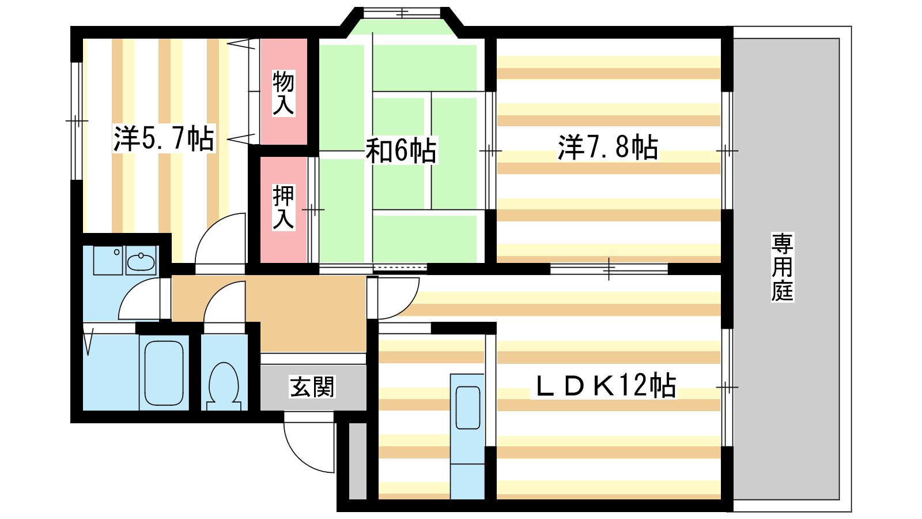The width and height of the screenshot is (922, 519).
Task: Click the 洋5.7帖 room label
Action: point(164,138)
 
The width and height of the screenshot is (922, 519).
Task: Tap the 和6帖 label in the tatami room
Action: point(401,151)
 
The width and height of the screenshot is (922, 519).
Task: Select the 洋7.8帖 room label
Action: point(607,147)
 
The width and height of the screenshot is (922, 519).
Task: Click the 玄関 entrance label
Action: point(312,387)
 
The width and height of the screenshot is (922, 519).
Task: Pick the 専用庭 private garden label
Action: point(782,267)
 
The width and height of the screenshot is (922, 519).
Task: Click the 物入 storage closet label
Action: point(284,93)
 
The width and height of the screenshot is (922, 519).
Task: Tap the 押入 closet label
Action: point(284,207)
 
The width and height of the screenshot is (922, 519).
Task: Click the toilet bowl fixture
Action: point(224,386)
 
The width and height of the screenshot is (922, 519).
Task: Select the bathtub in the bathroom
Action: point(164,373)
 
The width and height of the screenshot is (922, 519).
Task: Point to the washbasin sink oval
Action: point(141,262)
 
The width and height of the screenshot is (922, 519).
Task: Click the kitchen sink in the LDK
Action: point(467,407)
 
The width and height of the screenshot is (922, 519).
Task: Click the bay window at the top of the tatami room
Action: point(401,13)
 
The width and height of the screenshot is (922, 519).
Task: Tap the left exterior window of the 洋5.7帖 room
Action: point(77,121)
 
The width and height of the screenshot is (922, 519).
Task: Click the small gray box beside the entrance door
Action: point(358,461)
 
